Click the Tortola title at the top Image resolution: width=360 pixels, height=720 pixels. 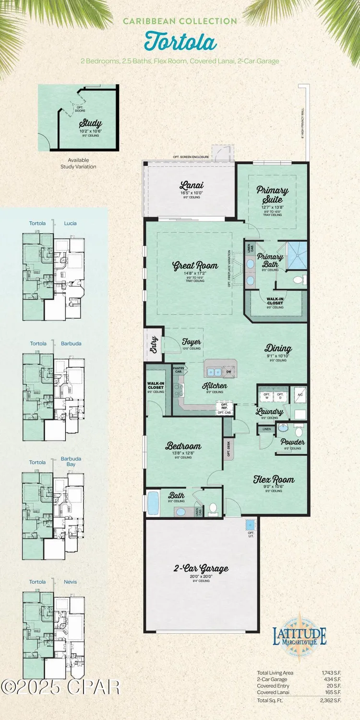point(180,42)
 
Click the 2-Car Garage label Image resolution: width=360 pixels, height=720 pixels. point(201,569)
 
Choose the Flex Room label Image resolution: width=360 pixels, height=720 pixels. point(274,479)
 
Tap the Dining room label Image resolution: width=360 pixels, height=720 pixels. point(278,348)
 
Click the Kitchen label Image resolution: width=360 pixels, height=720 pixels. point(215,385)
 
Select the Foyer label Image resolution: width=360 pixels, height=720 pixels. point(191,342)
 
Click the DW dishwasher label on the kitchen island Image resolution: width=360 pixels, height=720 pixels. point(229,371)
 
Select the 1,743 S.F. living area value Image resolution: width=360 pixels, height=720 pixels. point(331,672)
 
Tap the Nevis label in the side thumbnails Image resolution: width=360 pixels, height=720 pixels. point(70,582)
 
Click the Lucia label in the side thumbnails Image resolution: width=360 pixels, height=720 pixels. point(70,223)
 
